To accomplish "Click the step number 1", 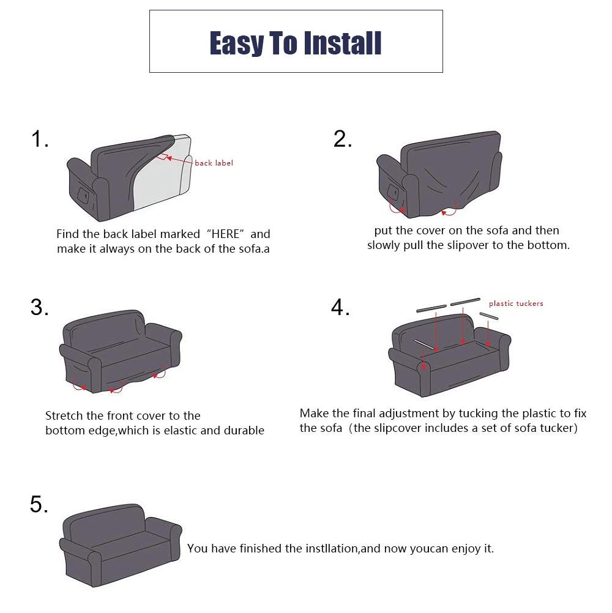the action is click(x=39, y=139).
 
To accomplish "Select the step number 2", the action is click(x=342, y=139).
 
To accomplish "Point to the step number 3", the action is click(x=39, y=307).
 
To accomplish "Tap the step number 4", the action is click(x=340, y=307).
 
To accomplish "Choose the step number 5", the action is click(x=39, y=504).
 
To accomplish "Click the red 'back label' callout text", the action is click(x=214, y=163).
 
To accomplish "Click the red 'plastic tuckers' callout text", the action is click(x=516, y=303).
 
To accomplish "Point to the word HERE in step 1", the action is click(x=225, y=234).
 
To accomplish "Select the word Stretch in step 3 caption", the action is click(x=64, y=415).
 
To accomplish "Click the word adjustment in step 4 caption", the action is click(x=409, y=414).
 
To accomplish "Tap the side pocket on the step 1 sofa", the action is click(x=83, y=195).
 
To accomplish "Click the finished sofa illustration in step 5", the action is click(x=121, y=545).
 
